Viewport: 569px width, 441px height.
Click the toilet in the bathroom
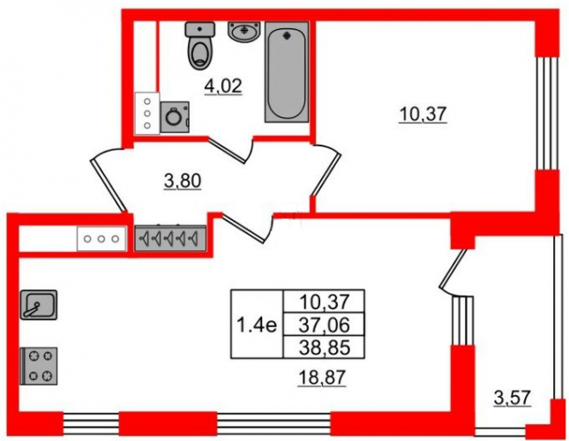(x=199, y=45)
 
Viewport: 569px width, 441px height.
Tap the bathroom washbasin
(x=244, y=31)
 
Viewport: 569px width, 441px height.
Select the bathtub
(x=287, y=71)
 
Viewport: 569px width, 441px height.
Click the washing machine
(x=175, y=116)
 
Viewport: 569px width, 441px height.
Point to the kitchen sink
(x=39, y=304)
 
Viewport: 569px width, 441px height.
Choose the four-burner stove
(x=39, y=366)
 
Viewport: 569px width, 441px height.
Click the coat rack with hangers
(x=170, y=238)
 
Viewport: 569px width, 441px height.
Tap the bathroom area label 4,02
(x=223, y=86)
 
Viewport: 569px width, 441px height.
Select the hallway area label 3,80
(x=183, y=182)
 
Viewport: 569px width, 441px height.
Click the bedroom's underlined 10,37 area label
(x=423, y=115)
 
